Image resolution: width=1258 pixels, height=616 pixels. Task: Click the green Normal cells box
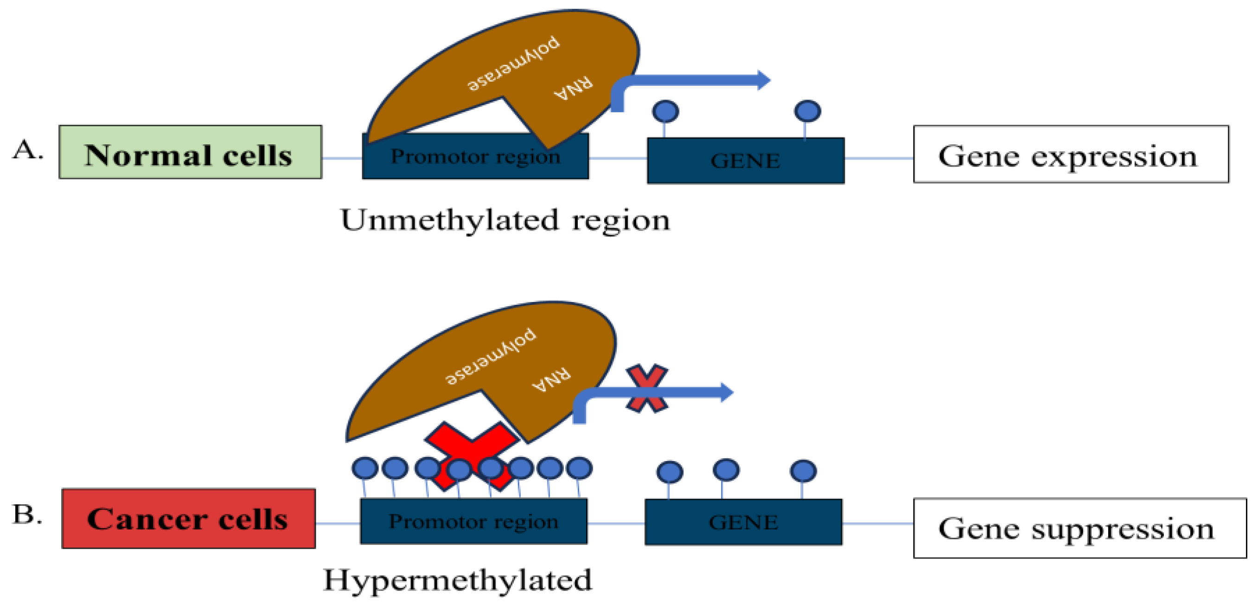pos(190,152)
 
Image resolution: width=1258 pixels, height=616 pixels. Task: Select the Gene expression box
pos(1071,154)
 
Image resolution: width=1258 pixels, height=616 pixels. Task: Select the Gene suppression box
pos(1079,527)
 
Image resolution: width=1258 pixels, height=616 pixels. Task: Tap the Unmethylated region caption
pos(505,220)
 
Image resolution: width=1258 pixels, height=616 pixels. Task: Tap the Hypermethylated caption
pos(458,580)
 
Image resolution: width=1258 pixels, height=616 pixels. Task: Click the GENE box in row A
pos(745,160)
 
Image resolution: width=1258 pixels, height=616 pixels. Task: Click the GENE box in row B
pos(743,522)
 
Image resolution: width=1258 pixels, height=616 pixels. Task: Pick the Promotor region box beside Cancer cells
pos(473,521)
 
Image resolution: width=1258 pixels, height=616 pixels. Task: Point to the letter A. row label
pos(27,149)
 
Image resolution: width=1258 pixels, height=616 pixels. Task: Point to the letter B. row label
pos(27,514)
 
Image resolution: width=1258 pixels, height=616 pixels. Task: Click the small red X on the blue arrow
pos(646,388)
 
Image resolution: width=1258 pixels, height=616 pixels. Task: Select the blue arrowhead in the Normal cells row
pos(763,80)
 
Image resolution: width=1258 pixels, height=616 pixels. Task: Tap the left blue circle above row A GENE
pos(665,111)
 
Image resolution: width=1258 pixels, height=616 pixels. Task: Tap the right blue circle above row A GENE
pos(807,111)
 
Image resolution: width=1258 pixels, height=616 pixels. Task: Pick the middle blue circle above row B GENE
pos(726,470)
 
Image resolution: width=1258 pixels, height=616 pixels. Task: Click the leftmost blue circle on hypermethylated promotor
pos(364,468)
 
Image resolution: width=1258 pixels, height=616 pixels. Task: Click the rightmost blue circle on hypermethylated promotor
pos(579,468)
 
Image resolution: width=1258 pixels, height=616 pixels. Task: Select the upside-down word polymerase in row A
pos(513,64)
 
